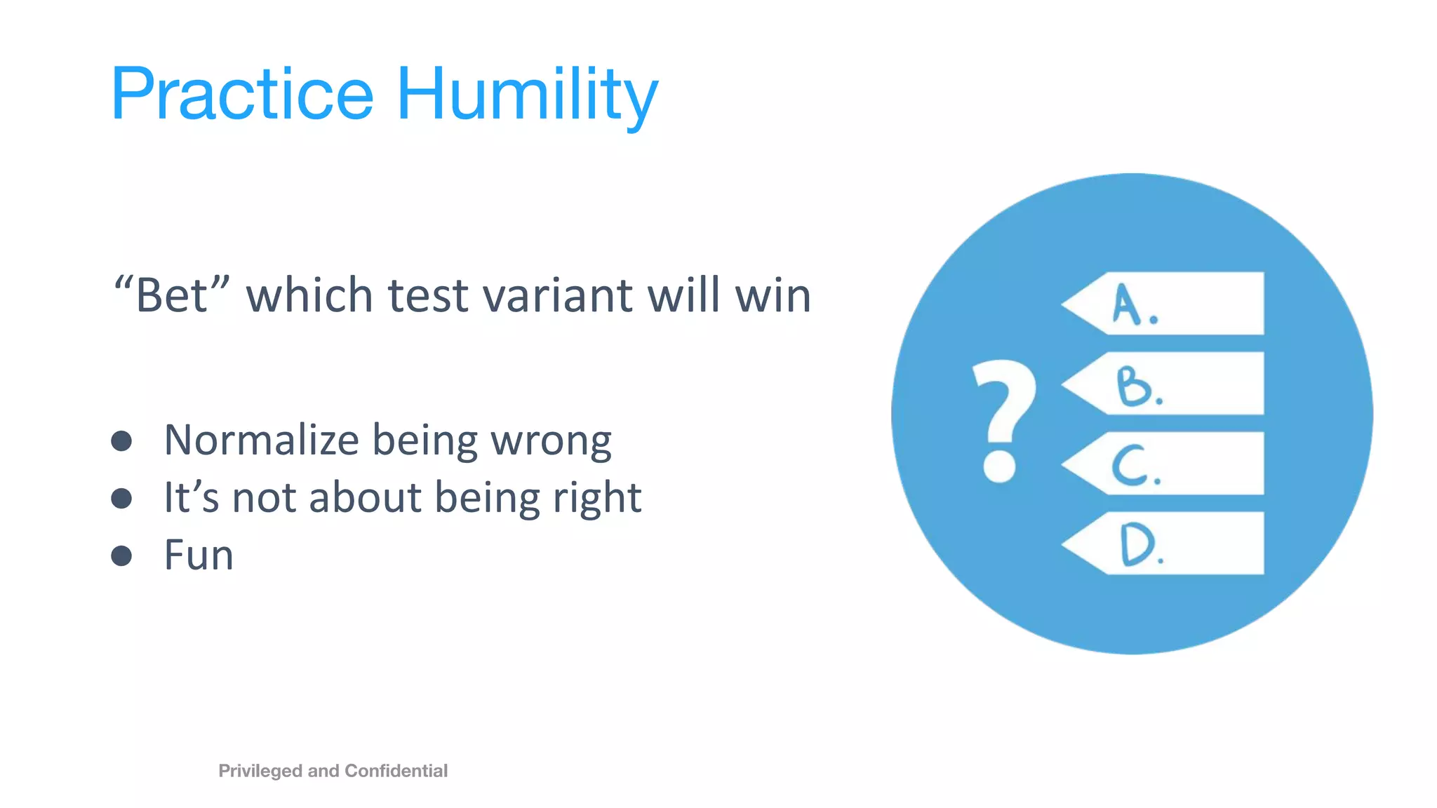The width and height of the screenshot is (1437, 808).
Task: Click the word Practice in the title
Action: (242, 95)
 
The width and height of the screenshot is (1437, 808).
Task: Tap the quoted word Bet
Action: (172, 295)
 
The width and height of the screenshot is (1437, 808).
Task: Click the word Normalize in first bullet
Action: (261, 440)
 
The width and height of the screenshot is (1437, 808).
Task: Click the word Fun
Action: (199, 555)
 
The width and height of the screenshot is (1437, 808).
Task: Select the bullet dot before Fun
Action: (121, 555)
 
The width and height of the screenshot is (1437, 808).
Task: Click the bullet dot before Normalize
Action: (121, 440)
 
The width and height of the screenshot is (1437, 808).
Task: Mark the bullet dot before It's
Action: (121, 498)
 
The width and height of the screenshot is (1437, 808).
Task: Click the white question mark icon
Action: (1002, 421)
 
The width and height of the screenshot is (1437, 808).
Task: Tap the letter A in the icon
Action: (1127, 304)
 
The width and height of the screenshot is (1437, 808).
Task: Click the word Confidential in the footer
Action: (396, 771)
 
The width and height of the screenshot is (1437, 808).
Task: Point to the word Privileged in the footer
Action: (261, 771)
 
